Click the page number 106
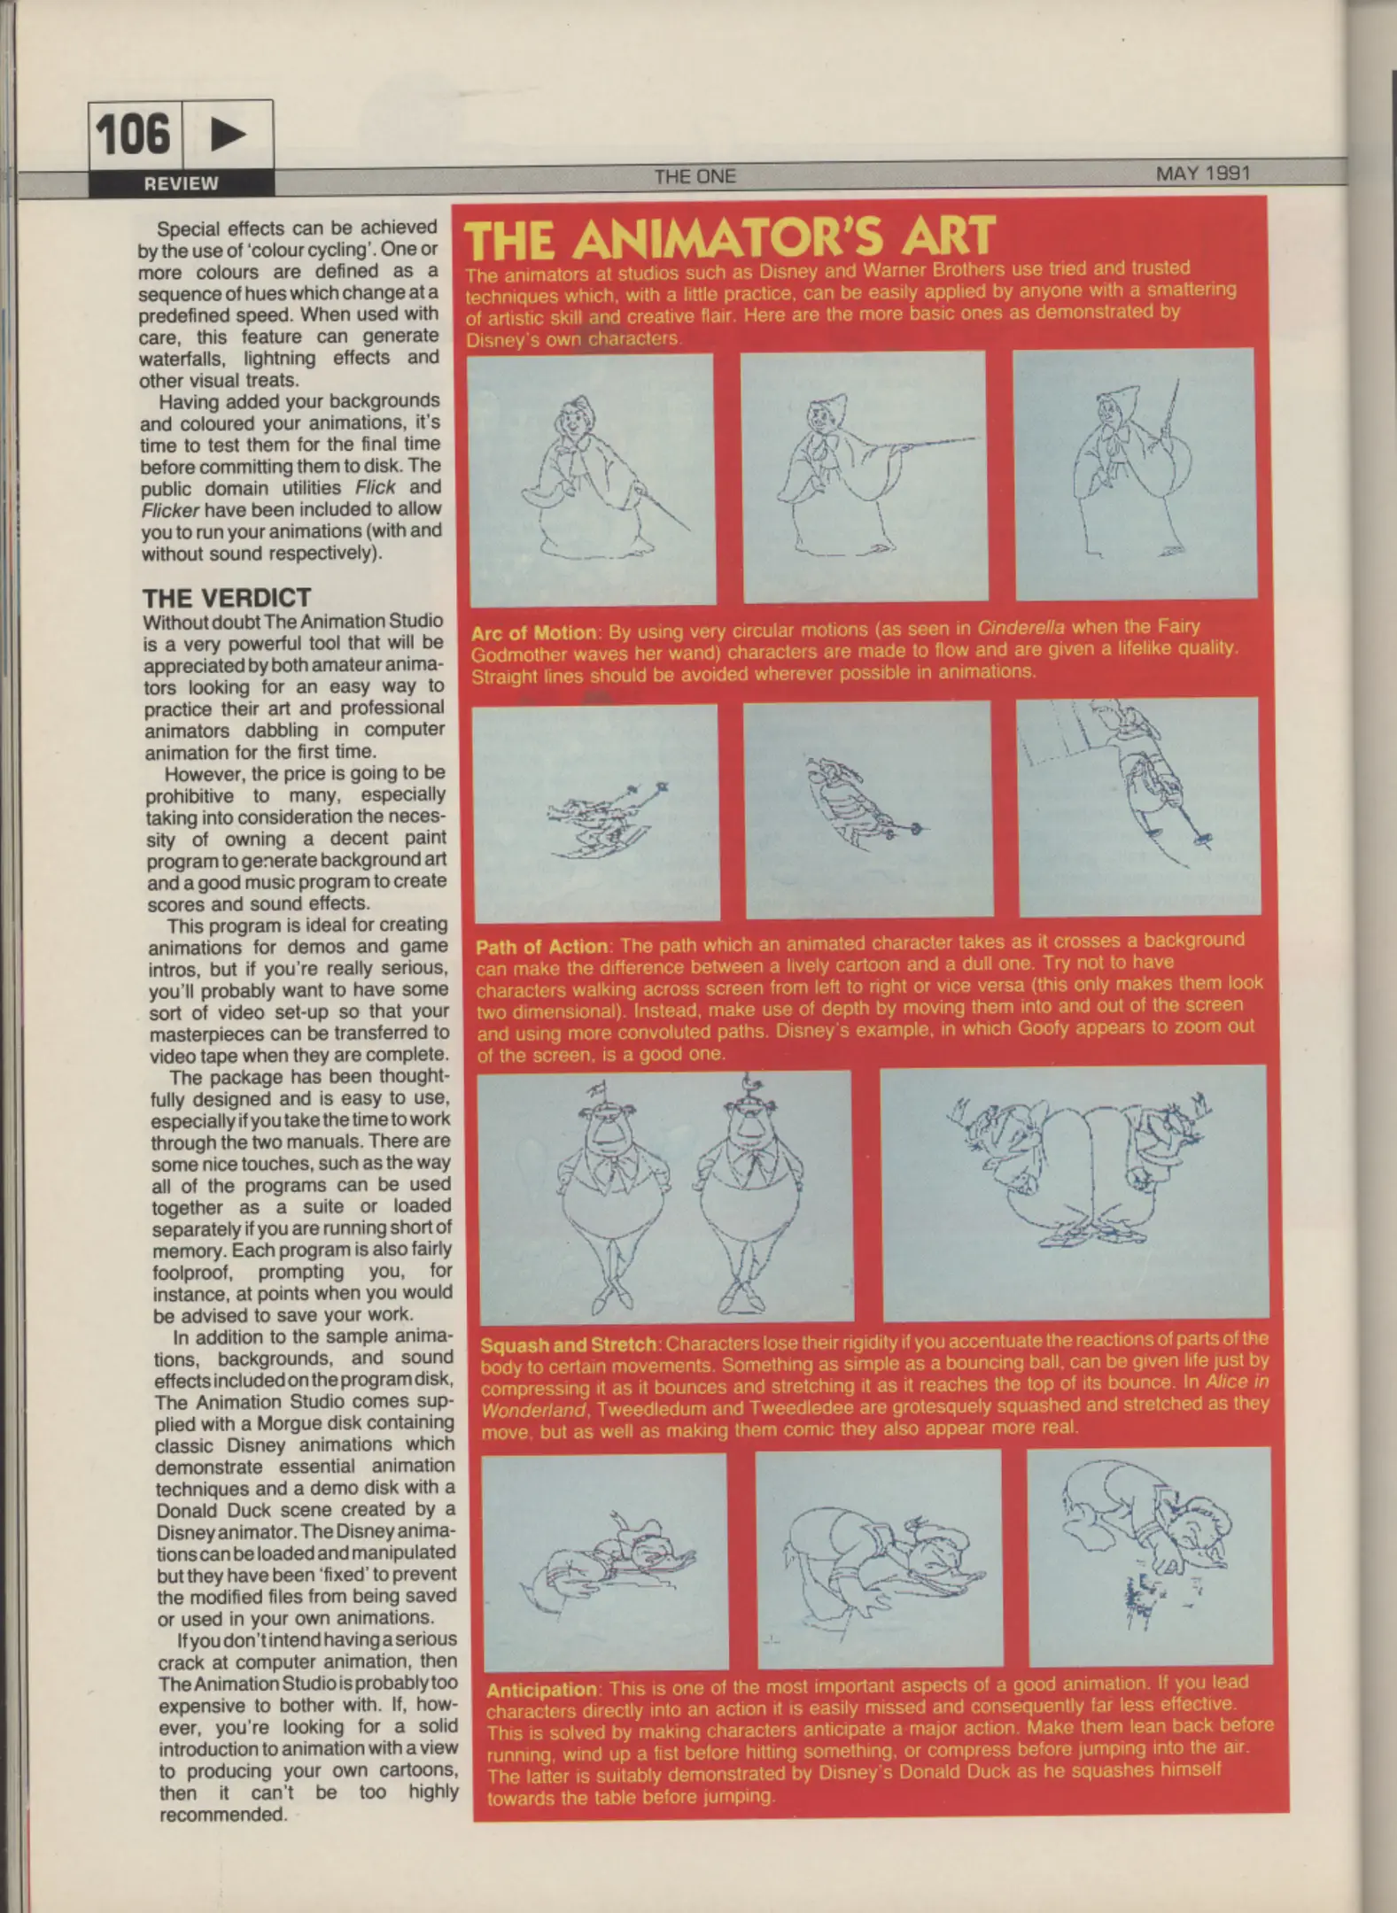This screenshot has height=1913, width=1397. tap(133, 135)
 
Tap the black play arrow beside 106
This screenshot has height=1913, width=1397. tap(228, 135)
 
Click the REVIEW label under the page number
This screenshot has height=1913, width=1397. tap(181, 183)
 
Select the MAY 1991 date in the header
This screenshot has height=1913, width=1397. tap(1202, 174)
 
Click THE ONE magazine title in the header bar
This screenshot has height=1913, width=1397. tap(695, 176)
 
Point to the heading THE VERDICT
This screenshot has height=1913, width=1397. tap(227, 598)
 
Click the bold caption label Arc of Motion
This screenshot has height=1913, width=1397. tap(533, 633)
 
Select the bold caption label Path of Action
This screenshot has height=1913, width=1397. tap(541, 947)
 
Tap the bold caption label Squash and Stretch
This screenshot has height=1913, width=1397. tap(568, 1344)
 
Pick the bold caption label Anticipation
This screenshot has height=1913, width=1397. tap(542, 1689)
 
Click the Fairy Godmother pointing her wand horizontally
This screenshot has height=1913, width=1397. tap(863, 476)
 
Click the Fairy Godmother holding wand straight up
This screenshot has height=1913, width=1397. tap(1134, 474)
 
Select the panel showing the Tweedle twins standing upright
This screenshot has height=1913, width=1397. tap(664, 1196)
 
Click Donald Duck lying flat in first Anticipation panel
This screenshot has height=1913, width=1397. tap(604, 1566)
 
